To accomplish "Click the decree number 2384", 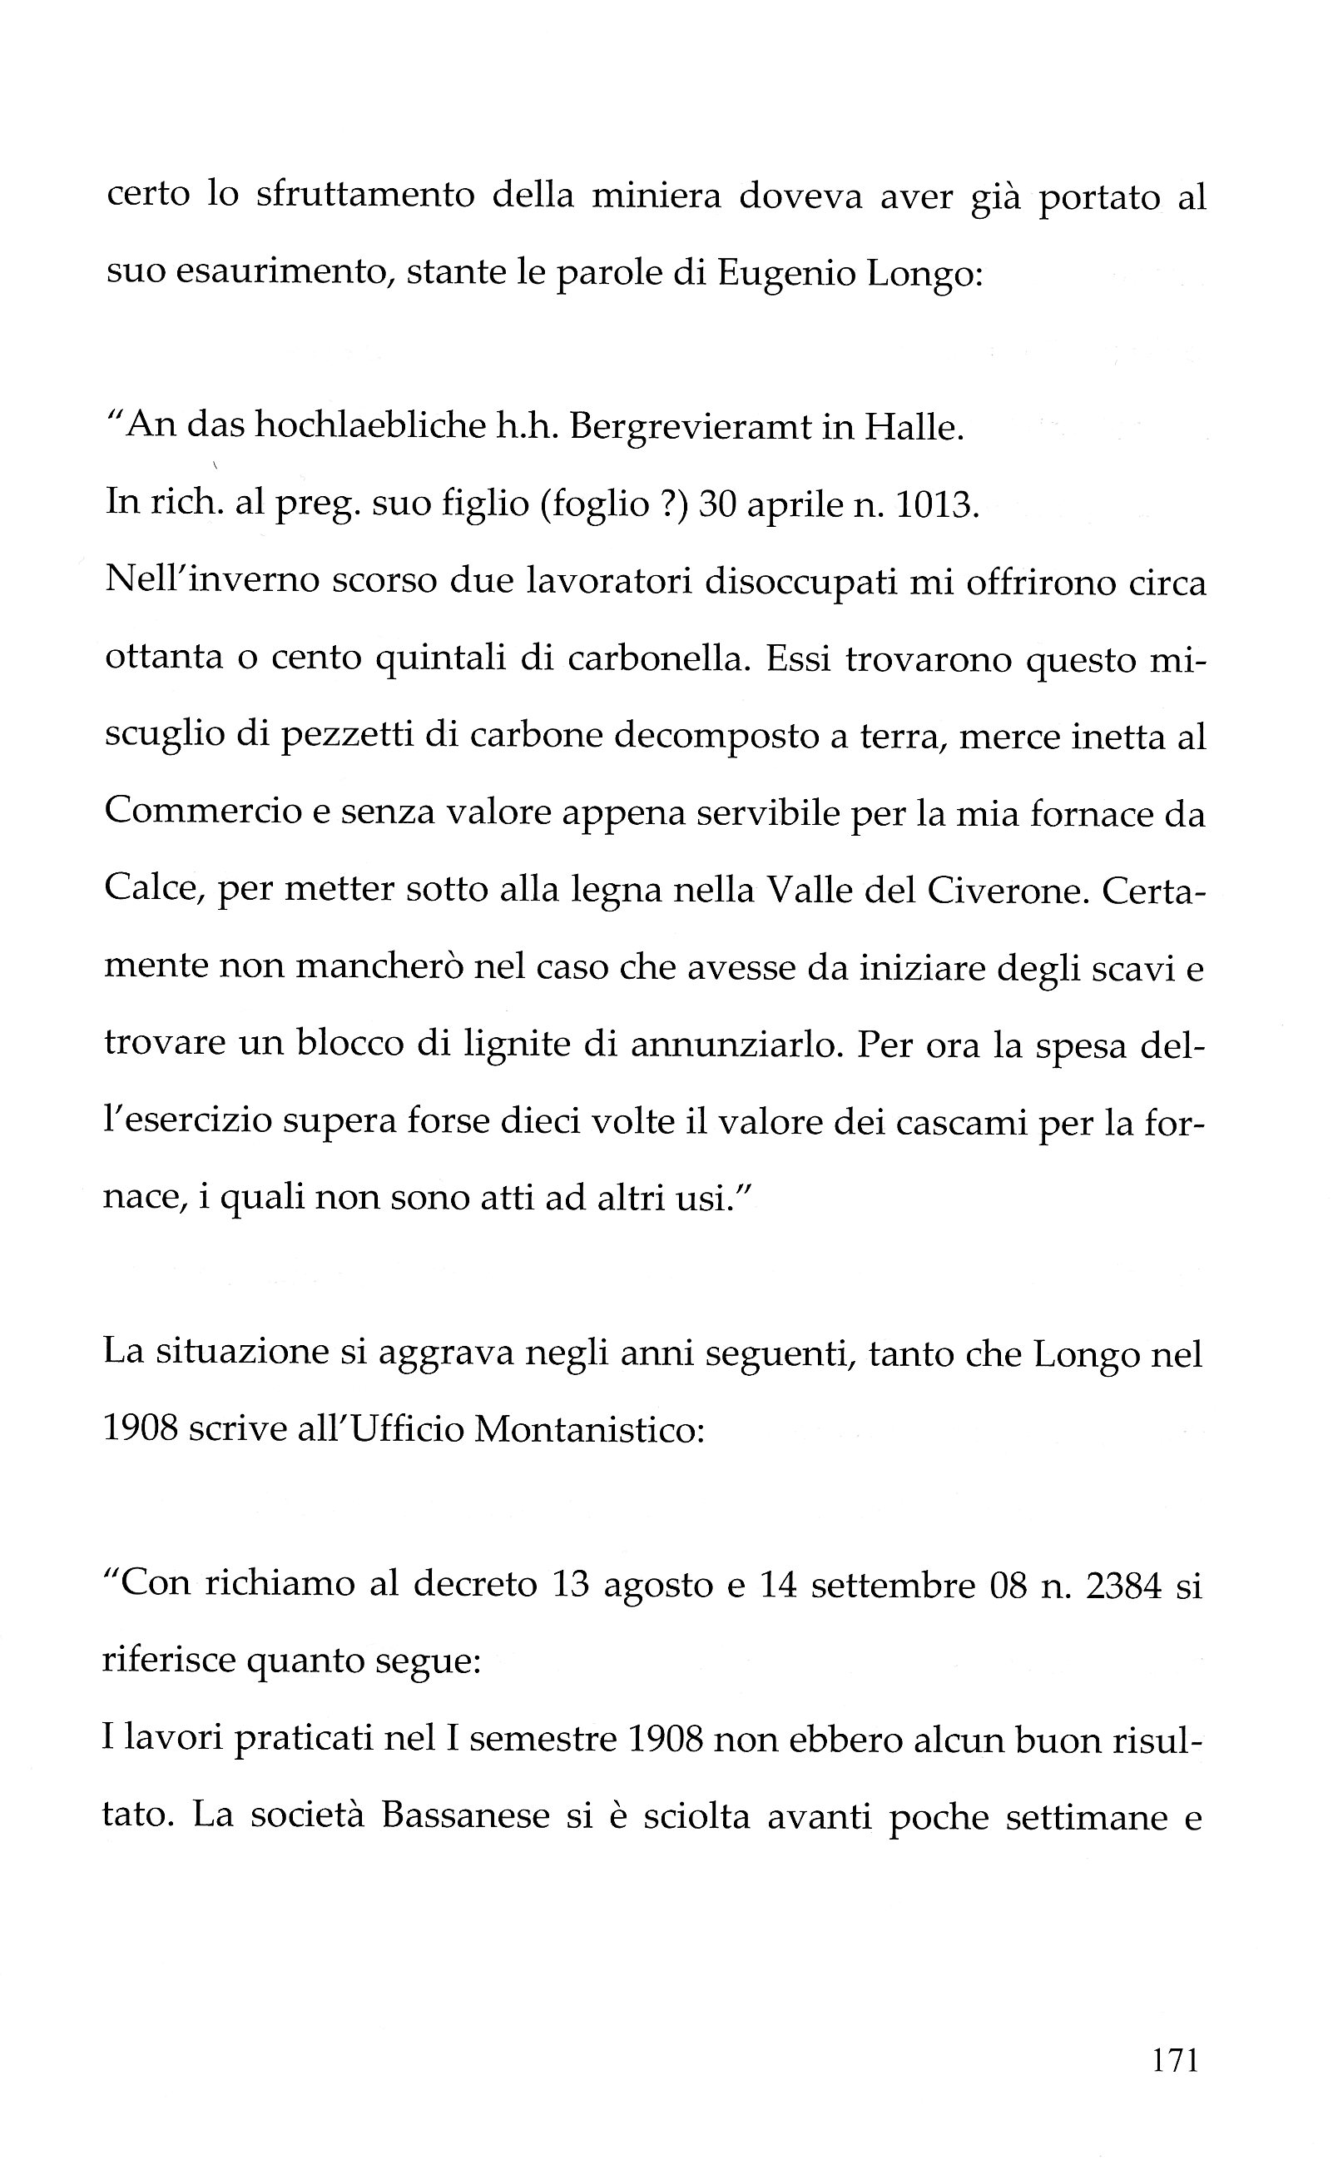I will [x=1124, y=1584].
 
